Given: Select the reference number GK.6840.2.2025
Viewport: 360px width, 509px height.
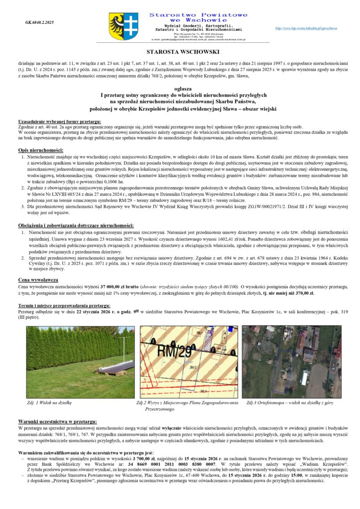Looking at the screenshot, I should tap(39, 22).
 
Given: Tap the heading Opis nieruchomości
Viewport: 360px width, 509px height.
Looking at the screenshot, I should tap(40, 150).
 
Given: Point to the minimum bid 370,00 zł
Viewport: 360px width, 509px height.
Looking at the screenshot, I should tap(303, 293).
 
